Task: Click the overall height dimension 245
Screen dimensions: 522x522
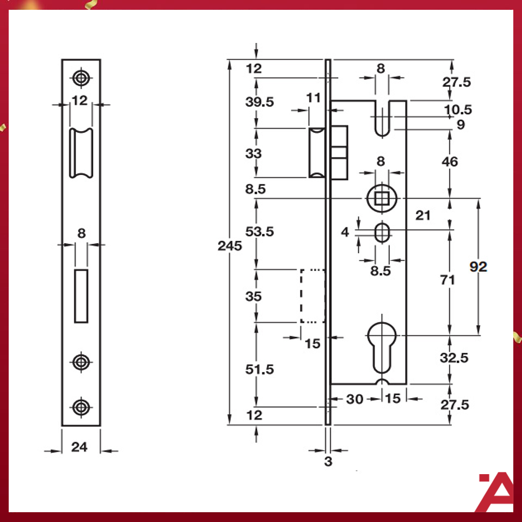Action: tap(229, 246)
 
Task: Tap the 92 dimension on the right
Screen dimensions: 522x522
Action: tap(478, 267)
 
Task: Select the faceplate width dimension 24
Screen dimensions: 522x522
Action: tap(79, 447)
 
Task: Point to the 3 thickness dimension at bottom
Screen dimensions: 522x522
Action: tap(327, 462)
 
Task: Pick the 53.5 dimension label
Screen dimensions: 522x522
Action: tap(260, 232)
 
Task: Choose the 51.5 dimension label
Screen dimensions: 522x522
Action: tap(260, 370)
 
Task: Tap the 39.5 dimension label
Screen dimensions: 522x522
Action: tap(260, 102)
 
